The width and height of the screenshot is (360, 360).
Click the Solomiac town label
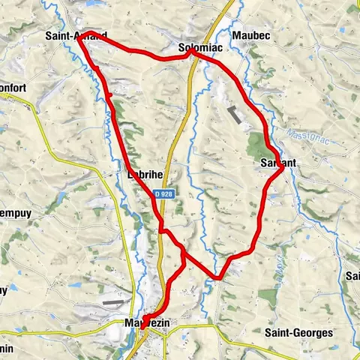click(x=199, y=48)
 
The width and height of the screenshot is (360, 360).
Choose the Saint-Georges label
click(x=298, y=331)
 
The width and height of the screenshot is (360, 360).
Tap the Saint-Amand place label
click(x=76, y=35)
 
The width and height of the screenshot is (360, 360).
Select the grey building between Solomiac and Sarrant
click(x=235, y=115)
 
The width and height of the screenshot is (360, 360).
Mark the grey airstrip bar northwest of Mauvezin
click(x=113, y=303)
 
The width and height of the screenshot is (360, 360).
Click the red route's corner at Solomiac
click(x=190, y=52)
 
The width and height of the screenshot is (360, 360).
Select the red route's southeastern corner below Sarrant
click(x=218, y=277)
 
